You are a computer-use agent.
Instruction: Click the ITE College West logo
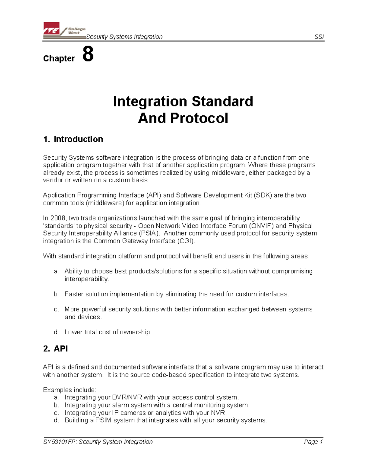(64, 30)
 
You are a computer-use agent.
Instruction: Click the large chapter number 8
(88, 54)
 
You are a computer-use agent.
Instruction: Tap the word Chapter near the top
(59, 58)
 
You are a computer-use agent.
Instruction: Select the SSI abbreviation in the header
(319, 37)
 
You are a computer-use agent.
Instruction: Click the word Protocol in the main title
(199, 118)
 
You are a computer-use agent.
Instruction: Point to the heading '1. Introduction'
(73, 139)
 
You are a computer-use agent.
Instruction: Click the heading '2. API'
(56, 349)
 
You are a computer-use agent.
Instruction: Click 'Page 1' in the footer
(313, 442)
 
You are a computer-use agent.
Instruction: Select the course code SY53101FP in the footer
(60, 442)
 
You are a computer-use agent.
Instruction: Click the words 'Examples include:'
(70, 390)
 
